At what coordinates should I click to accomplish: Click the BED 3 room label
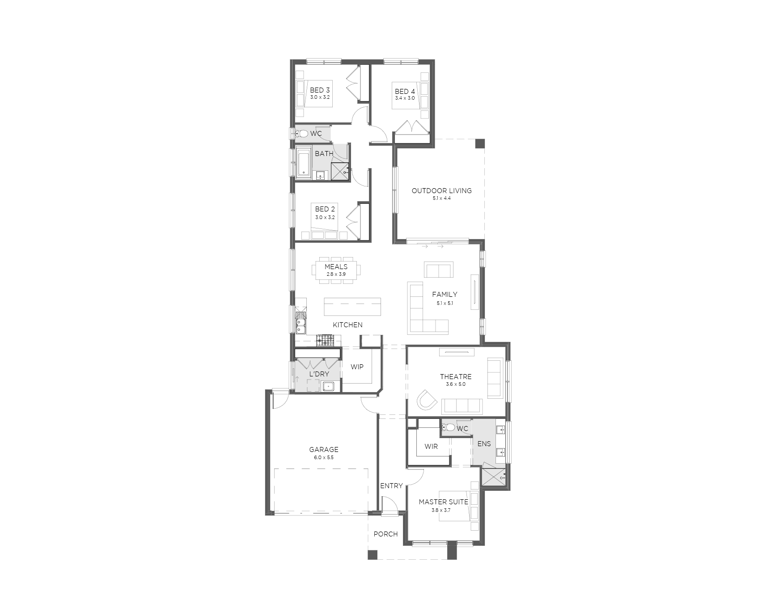pyautogui.click(x=320, y=90)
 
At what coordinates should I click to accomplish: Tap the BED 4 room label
pyautogui.click(x=405, y=92)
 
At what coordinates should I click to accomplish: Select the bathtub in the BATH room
pyautogui.click(x=304, y=162)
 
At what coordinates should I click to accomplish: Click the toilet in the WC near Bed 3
pyautogui.click(x=302, y=133)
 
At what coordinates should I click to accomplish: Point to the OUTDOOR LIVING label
pyautogui.click(x=441, y=190)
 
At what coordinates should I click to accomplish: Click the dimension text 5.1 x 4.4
pyautogui.click(x=441, y=198)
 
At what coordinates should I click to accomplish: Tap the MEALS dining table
pyautogui.click(x=336, y=270)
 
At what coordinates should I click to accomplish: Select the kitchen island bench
pyautogui.click(x=352, y=307)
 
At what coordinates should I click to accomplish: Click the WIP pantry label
pyautogui.click(x=357, y=367)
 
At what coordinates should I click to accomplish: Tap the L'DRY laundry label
pyautogui.click(x=319, y=374)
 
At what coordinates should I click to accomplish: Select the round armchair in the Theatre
pyautogui.click(x=426, y=399)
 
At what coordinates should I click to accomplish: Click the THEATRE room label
pyautogui.click(x=456, y=377)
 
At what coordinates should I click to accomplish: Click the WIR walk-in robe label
pyautogui.click(x=431, y=447)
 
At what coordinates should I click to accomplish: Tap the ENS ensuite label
pyautogui.click(x=484, y=444)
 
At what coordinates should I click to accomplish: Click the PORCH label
pyautogui.click(x=385, y=534)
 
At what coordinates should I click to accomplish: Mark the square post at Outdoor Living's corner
pyautogui.click(x=479, y=144)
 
